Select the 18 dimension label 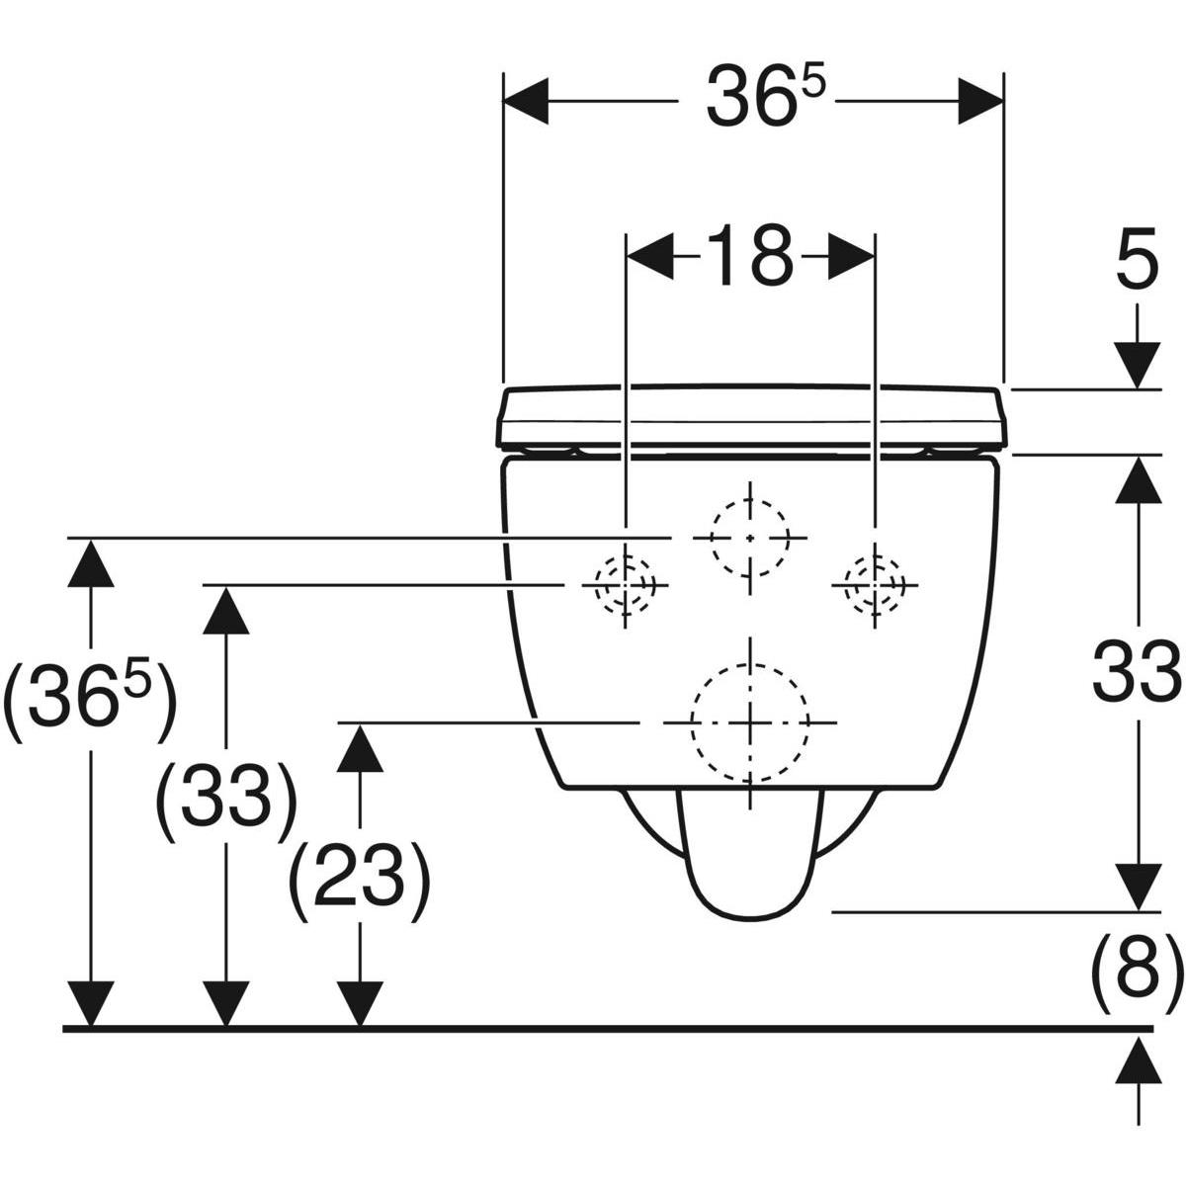(749, 255)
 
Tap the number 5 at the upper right (1137, 259)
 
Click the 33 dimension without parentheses (1137, 671)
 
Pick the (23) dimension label (359, 882)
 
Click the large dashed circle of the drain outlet (750, 723)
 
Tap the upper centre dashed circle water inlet (749, 538)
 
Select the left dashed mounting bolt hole (625, 584)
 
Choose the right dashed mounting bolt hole (875, 584)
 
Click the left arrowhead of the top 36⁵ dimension (526, 101)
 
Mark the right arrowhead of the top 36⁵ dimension (981, 101)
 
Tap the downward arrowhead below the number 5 (1137, 366)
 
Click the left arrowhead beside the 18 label (650, 256)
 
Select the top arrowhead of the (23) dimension (360, 748)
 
